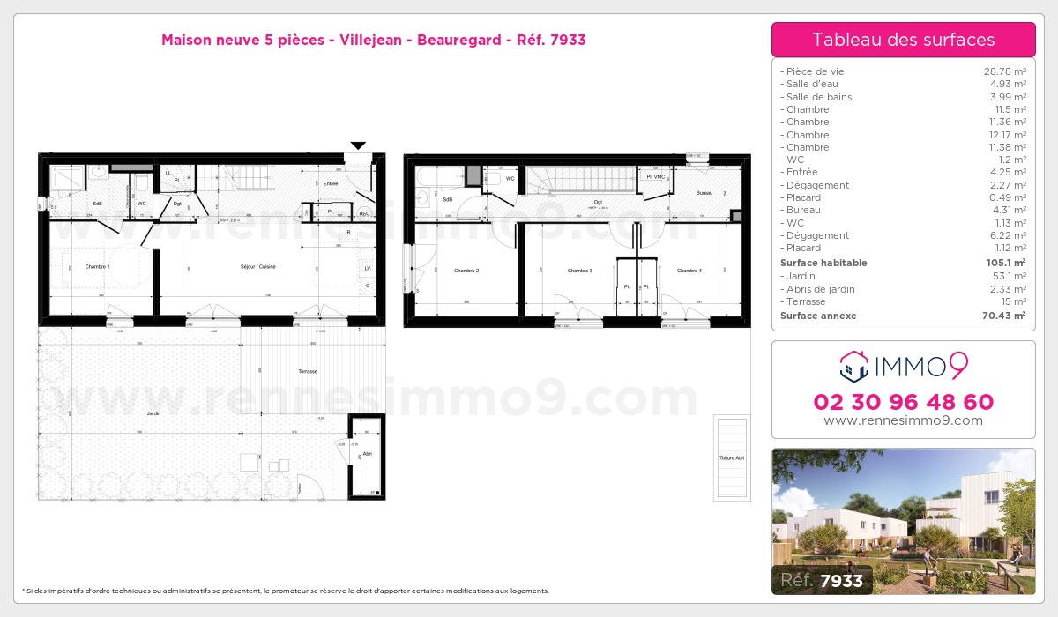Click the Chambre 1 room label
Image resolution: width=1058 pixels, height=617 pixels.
[x=97, y=266]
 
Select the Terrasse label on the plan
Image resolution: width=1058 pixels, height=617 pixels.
[x=307, y=371]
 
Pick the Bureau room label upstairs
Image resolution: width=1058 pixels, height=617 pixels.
[x=704, y=192]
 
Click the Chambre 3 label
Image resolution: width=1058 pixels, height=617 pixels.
[x=579, y=271]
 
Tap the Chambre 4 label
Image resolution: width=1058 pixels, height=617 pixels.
[x=689, y=271]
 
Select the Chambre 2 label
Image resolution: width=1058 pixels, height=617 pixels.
[x=466, y=271]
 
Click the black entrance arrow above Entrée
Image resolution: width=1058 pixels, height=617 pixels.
[x=358, y=145]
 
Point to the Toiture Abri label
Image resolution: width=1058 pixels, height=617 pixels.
[x=732, y=458]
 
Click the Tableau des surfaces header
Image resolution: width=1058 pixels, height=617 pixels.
[x=903, y=40]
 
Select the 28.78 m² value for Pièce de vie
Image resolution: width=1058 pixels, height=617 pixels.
[x=1004, y=71]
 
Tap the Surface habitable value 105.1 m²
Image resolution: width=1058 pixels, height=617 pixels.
[x=1006, y=263]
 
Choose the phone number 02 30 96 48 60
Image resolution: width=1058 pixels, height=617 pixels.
[x=903, y=402]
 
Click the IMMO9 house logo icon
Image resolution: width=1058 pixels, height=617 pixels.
[x=853, y=364]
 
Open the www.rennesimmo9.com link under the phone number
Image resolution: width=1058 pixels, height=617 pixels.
[x=903, y=420]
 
